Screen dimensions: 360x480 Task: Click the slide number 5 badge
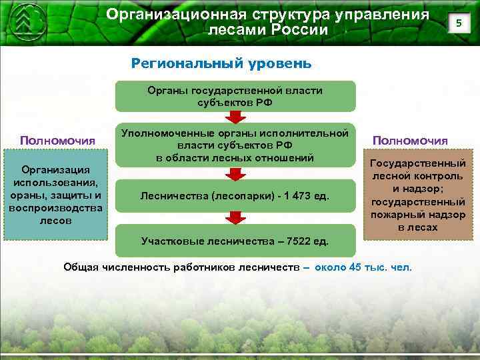click(457, 24)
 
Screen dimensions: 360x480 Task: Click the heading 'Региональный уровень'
click(221, 63)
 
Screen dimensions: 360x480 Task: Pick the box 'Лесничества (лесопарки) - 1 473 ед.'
click(235, 195)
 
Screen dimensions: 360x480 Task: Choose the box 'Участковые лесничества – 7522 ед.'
click(235, 240)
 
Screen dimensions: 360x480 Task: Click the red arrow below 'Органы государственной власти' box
click(235, 118)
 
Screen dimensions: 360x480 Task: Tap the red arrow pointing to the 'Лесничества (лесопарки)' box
click(235, 174)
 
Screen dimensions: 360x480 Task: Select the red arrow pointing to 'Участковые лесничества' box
click(235, 217)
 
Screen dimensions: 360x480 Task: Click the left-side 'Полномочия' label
click(57, 141)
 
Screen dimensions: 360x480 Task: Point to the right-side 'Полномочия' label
click(410, 141)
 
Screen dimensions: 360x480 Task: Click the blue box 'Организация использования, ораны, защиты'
click(56, 195)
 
